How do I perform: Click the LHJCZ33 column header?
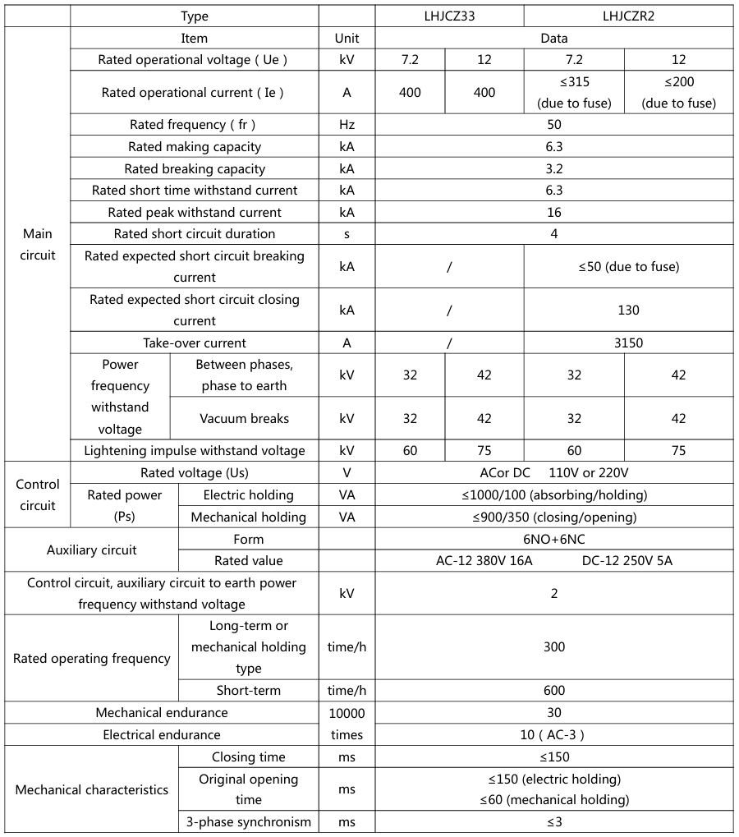(x=449, y=16)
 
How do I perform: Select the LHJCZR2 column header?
(x=628, y=16)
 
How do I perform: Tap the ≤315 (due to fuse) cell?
(x=574, y=92)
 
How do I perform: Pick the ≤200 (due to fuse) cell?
(x=678, y=92)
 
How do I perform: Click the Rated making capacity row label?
(x=195, y=147)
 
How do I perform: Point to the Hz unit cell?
(x=347, y=125)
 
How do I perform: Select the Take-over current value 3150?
(x=628, y=343)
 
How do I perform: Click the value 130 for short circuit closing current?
(x=628, y=310)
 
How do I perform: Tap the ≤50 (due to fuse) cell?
(x=628, y=267)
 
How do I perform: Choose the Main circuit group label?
(x=38, y=245)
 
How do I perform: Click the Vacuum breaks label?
(x=245, y=419)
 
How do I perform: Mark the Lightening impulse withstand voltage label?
(x=195, y=450)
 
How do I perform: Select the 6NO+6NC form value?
(x=554, y=540)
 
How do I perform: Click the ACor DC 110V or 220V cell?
(x=554, y=473)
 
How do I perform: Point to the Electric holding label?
(x=248, y=495)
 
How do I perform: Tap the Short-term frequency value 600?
(x=554, y=691)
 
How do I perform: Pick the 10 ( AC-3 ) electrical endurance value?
(x=554, y=735)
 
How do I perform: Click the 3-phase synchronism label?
(x=248, y=822)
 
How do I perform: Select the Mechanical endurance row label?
(x=162, y=713)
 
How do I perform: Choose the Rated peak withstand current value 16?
(x=554, y=213)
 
